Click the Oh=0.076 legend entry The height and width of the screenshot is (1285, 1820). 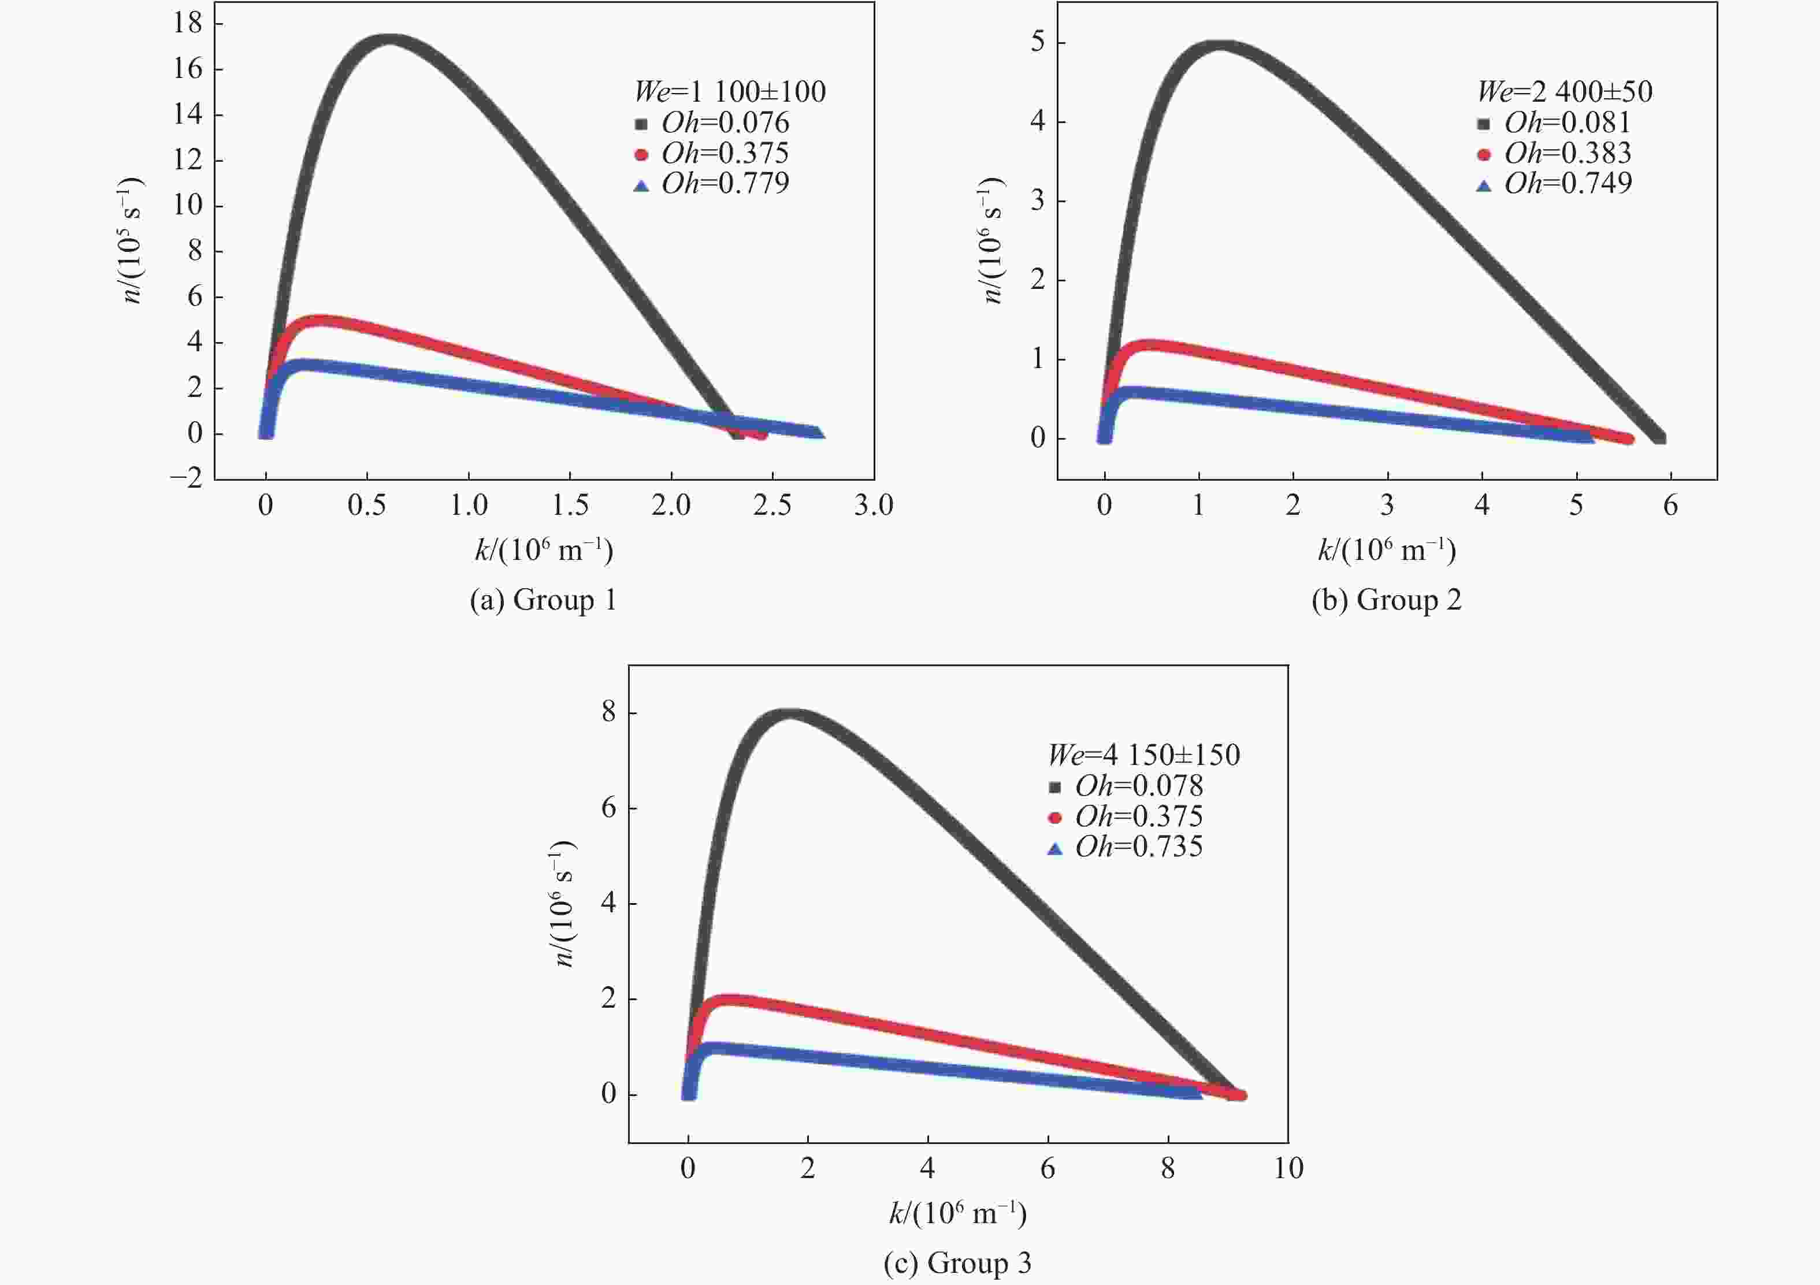coord(714,123)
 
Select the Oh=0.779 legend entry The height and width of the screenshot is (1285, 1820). coord(714,184)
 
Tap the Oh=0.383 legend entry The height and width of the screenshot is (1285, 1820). coord(1555,153)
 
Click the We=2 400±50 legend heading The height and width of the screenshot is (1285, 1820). coord(1565,92)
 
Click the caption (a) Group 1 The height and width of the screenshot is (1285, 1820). coord(543,600)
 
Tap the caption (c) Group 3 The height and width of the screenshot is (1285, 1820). coord(957,1263)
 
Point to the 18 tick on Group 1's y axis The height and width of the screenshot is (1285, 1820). coord(189,23)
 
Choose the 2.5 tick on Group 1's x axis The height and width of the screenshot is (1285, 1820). coord(772,506)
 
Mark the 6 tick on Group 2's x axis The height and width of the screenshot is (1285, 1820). coord(1670,506)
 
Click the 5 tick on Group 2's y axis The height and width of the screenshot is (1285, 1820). coord(1038,42)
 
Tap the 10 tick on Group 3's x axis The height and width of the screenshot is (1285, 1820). coord(1288,1168)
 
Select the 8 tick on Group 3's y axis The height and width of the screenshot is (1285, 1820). coord(609,712)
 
